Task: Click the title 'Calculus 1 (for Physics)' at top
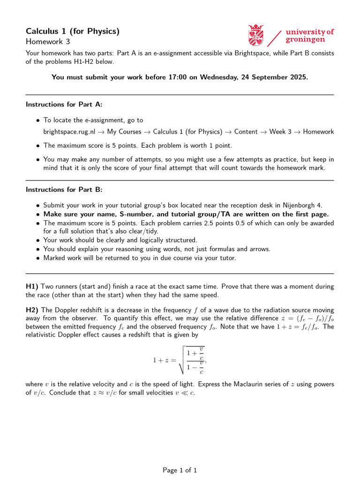(x=73, y=31)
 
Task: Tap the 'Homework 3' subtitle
(x=47, y=42)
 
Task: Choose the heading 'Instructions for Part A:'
(x=64, y=104)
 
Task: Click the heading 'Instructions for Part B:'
(x=64, y=189)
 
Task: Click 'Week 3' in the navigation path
(x=280, y=132)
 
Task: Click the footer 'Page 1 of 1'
(x=180, y=470)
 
